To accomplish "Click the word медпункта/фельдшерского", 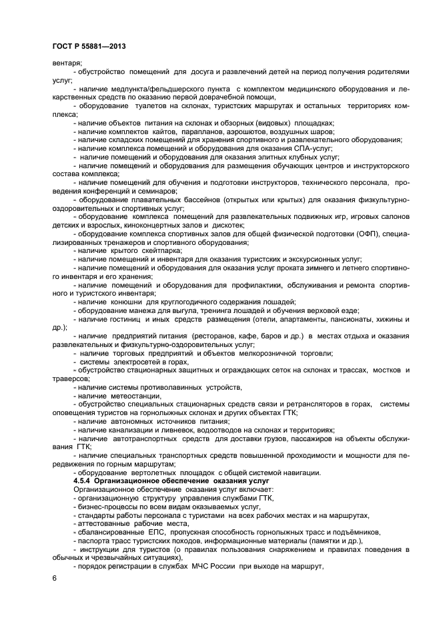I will tap(154, 88).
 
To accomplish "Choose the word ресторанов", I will tap(216, 336).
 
